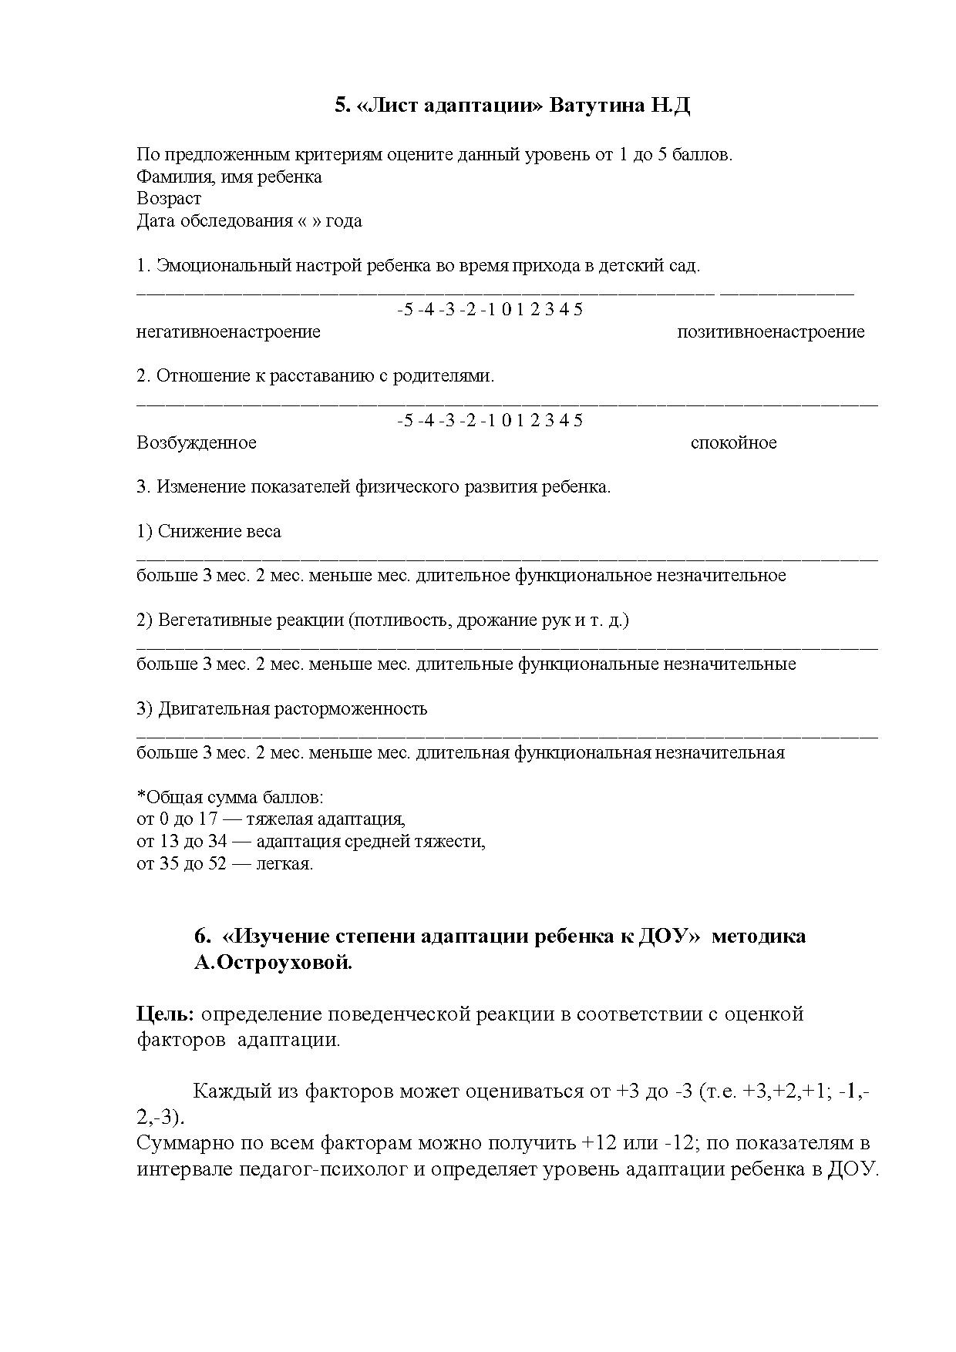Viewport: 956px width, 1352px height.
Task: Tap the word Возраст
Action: point(169,199)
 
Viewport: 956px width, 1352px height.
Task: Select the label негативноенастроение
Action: point(228,332)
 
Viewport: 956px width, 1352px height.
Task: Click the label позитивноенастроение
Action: point(770,332)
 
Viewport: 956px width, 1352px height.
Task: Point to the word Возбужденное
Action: point(197,443)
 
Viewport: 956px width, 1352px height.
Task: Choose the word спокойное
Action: point(733,443)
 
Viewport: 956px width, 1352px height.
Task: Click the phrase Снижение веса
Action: point(220,532)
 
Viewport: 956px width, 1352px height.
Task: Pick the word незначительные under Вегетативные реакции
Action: point(730,664)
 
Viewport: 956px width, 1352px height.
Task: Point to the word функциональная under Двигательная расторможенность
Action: point(582,753)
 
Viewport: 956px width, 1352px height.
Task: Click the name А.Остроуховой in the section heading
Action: point(273,963)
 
